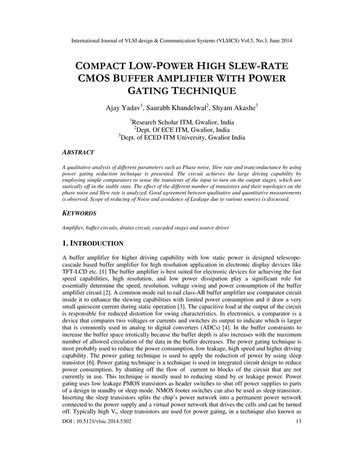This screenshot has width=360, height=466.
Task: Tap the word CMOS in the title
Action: point(96,78)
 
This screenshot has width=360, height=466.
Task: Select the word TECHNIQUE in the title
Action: point(204,92)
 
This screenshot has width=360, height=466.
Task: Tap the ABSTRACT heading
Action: point(78,152)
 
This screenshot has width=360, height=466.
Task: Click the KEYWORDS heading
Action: point(78,214)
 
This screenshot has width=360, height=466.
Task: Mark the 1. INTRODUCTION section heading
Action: point(93,244)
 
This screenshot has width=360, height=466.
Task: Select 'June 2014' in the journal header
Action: point(280,41)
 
